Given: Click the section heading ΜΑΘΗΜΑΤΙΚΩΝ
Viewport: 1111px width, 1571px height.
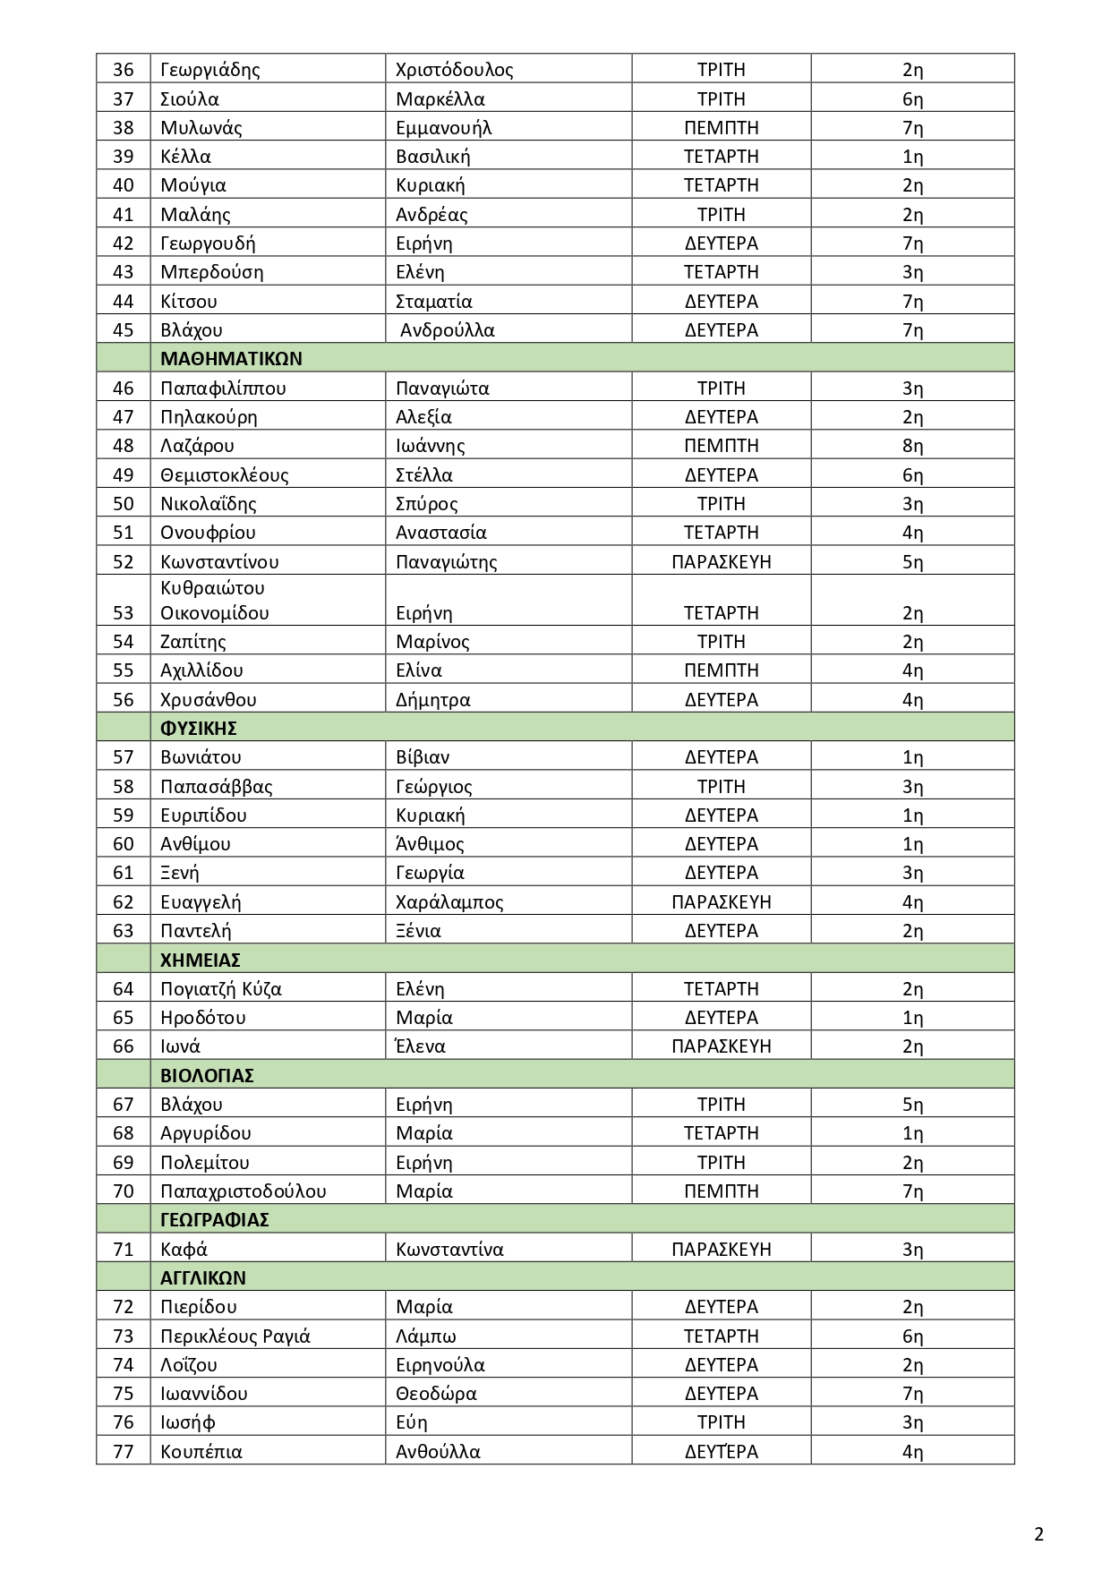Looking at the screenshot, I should click(x=231, y=359).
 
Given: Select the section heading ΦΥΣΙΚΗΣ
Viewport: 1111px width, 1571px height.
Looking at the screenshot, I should click(x=198, y=728).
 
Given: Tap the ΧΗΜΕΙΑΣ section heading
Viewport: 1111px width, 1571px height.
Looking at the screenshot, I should click(x=200, y=960).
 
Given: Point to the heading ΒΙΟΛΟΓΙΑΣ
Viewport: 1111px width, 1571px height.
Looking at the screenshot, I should click(x=207, y=1075).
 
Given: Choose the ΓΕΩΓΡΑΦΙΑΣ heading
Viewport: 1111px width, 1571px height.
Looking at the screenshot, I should click(x=214, y=1219).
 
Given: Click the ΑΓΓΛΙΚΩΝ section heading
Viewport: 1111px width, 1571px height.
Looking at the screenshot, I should click(x=202, y=1277).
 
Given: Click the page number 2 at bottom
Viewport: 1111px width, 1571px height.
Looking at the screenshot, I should click(x=1038, y=1534).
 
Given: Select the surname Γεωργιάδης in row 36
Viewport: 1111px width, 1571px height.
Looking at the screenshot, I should click(x=209, y=70).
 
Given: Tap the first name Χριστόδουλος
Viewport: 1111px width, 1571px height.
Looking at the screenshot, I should click(x=454, y=70).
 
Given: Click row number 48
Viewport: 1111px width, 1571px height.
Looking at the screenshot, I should click(x=124, y=446).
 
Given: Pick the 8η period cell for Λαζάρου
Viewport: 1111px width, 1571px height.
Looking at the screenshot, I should click(x=912, y=446).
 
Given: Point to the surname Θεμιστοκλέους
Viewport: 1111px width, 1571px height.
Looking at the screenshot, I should click(x=224, y=474).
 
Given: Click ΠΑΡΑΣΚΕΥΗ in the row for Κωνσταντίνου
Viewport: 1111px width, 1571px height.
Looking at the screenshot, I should click(x=721, y=562).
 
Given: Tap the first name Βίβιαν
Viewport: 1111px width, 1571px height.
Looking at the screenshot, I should click(x=423, y=757).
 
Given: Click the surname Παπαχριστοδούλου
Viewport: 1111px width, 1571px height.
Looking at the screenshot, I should click(x=243, y=1191).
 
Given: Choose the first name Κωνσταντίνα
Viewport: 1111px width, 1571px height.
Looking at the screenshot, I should click(x=449, y=1249).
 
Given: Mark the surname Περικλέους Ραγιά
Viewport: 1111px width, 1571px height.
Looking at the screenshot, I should click(x=235, y=1336).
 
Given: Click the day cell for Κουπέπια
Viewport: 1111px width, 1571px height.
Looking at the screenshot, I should click(x=721, y=1451).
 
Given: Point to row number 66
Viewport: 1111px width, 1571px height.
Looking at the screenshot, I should click(x=124, y=1046).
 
